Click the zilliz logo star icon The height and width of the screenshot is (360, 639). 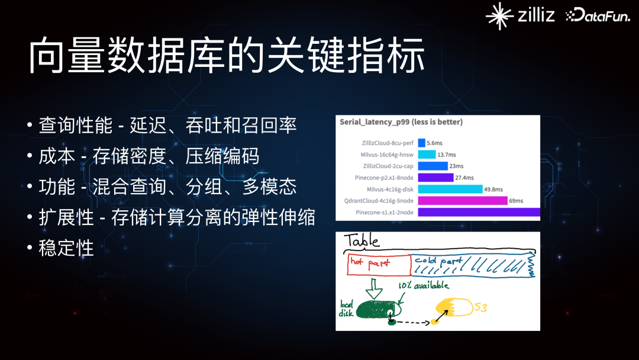tap(499, 16)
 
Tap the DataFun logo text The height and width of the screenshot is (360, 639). tap(598, 15)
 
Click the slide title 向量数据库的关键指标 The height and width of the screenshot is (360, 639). tap(227, 56)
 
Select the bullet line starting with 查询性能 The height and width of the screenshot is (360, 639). tap(167, 125)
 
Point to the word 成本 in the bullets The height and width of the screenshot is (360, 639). tap(57, 156)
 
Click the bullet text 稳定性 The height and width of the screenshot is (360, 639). tap(66, 248)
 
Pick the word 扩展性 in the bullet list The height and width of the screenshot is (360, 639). tap(66, 217)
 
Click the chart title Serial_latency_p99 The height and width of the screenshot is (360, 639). tap(401, 122)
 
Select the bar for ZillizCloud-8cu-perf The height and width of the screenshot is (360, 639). tap(421, 143)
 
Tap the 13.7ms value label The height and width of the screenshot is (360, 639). tap(447, 155)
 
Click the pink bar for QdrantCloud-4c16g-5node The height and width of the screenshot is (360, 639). tap(463, 201)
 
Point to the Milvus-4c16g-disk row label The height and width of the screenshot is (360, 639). tap(390, 189)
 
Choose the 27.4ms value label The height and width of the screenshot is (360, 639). tap(464, 178)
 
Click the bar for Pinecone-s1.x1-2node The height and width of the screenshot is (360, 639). tap(479, 212)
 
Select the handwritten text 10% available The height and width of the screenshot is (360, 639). tap(424, 285)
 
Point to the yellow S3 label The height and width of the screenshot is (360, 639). tap(481, 307)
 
